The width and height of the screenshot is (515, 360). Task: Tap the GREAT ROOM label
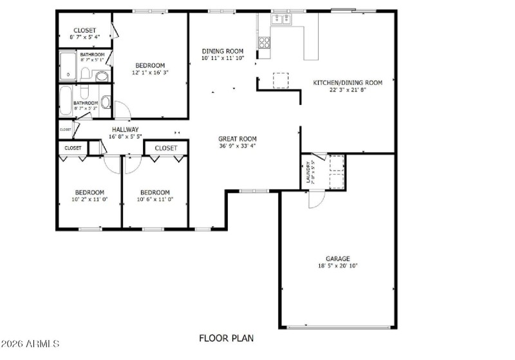[238, 138]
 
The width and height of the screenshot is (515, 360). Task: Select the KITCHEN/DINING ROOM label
[348, 82]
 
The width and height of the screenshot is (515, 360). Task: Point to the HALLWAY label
[126, 129]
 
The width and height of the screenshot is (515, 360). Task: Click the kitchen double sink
[282, 20]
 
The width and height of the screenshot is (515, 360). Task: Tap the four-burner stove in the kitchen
[264, 43]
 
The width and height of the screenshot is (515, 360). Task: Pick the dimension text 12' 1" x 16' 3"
[150, 73]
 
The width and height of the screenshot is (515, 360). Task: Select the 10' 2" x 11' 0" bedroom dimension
[89, 200]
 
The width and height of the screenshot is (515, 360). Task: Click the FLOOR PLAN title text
[226, 338]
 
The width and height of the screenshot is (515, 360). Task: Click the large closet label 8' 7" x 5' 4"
[84, 37]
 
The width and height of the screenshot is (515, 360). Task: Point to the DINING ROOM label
[223, 52]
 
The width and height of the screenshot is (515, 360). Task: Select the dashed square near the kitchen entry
[281, 80]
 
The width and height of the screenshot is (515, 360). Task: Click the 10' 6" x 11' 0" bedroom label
[154, 200]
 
